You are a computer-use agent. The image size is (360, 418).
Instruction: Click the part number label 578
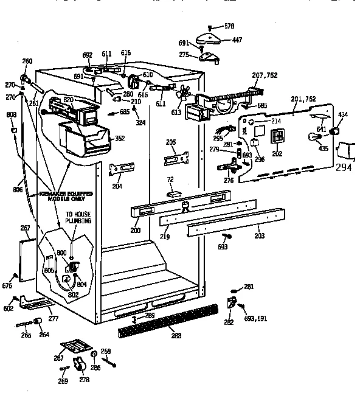tap(229, 27)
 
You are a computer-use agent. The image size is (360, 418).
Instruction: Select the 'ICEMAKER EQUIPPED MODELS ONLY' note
tap(67, 196)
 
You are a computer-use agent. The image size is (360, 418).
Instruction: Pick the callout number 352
tap(120, 138)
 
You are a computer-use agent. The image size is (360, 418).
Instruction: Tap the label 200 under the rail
tap(135, 231)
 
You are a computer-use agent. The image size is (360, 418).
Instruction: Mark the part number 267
tap(25, 228)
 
